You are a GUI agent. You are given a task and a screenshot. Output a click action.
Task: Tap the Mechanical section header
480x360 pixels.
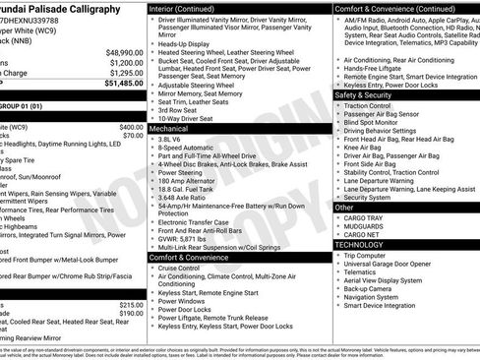point(169,129)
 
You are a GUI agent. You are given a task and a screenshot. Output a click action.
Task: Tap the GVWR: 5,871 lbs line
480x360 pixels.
point(188,238)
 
